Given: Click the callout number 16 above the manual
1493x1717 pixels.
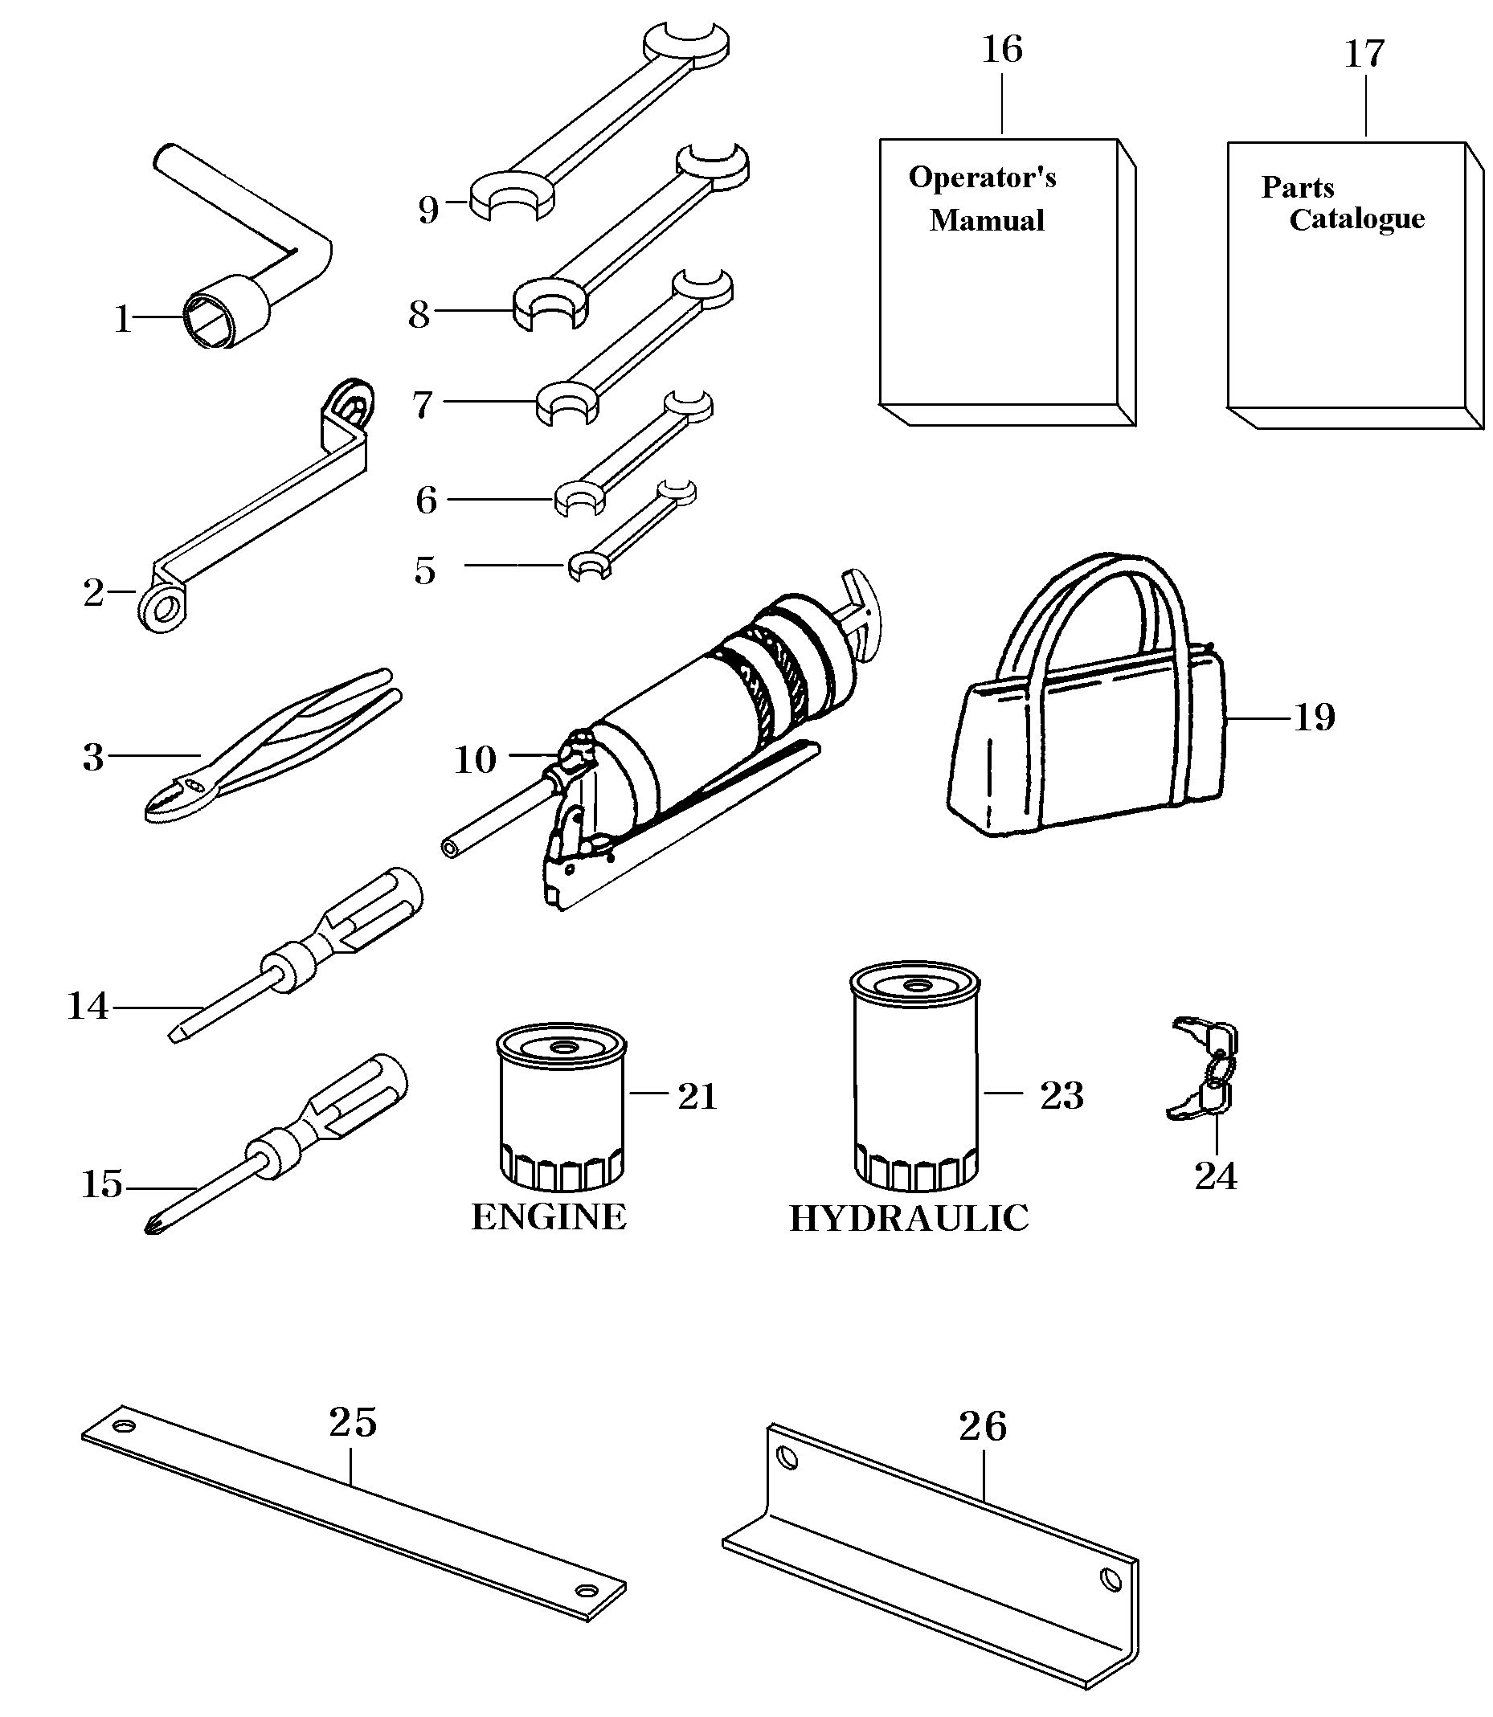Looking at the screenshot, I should (x=1001, y=49).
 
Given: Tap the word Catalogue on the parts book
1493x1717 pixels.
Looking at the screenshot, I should (x=1356, y=219).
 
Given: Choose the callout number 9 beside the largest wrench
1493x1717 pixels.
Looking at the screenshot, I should (x=427, y=209).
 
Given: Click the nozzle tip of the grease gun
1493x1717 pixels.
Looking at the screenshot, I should (x=451, y=848).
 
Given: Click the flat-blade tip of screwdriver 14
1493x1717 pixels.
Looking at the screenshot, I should (x=177, y=1035).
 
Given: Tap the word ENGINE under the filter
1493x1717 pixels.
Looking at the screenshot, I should (x=548, y=1217).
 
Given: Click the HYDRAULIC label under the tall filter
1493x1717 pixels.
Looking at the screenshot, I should (x=908, y=1219).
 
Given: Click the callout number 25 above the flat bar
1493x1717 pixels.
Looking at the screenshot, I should (x=353, y=1422).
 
